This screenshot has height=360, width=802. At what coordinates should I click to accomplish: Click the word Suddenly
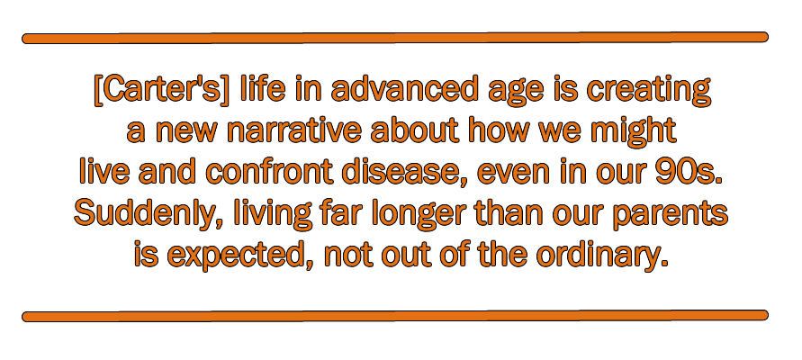pos(149,214)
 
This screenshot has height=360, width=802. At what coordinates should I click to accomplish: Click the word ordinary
pos(602,256)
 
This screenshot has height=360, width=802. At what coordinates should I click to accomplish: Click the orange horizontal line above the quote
pos(395,38)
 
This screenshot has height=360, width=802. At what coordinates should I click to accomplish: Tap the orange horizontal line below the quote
pos(395,316)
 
